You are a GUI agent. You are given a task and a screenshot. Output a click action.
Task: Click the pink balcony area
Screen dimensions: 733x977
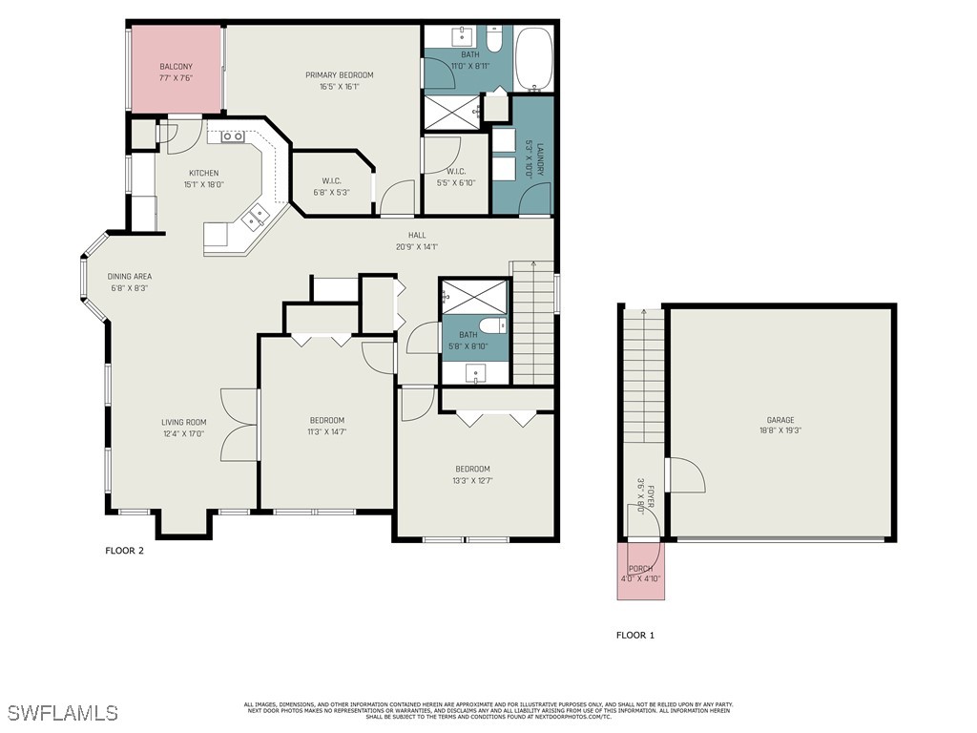(x=177, y=72)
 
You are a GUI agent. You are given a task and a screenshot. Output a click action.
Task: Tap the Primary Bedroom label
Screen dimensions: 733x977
(x=339, y=75)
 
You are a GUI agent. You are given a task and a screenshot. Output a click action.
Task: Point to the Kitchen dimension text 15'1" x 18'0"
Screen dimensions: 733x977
(x=202, y=184)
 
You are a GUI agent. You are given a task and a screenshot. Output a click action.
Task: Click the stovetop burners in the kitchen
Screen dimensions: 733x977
(x=232, y=136)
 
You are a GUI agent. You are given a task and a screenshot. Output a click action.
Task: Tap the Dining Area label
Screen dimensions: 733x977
(x=129, y=276)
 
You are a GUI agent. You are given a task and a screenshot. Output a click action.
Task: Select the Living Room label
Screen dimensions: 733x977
(x=183, y=422)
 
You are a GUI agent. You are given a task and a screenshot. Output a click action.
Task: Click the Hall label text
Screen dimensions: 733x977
(x=417, y=235)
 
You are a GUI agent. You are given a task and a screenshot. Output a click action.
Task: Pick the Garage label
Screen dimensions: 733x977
(x=780, y=420)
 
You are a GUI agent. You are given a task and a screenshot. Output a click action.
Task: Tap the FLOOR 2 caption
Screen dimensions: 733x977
(x=124, y=550)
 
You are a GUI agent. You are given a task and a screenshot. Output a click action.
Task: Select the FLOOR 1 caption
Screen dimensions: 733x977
(x=635, y=635)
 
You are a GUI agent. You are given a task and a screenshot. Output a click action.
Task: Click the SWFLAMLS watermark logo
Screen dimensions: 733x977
(x=63, y=713)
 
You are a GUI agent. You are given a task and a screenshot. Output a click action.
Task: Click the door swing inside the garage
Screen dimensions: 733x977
(x=685, y=475)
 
